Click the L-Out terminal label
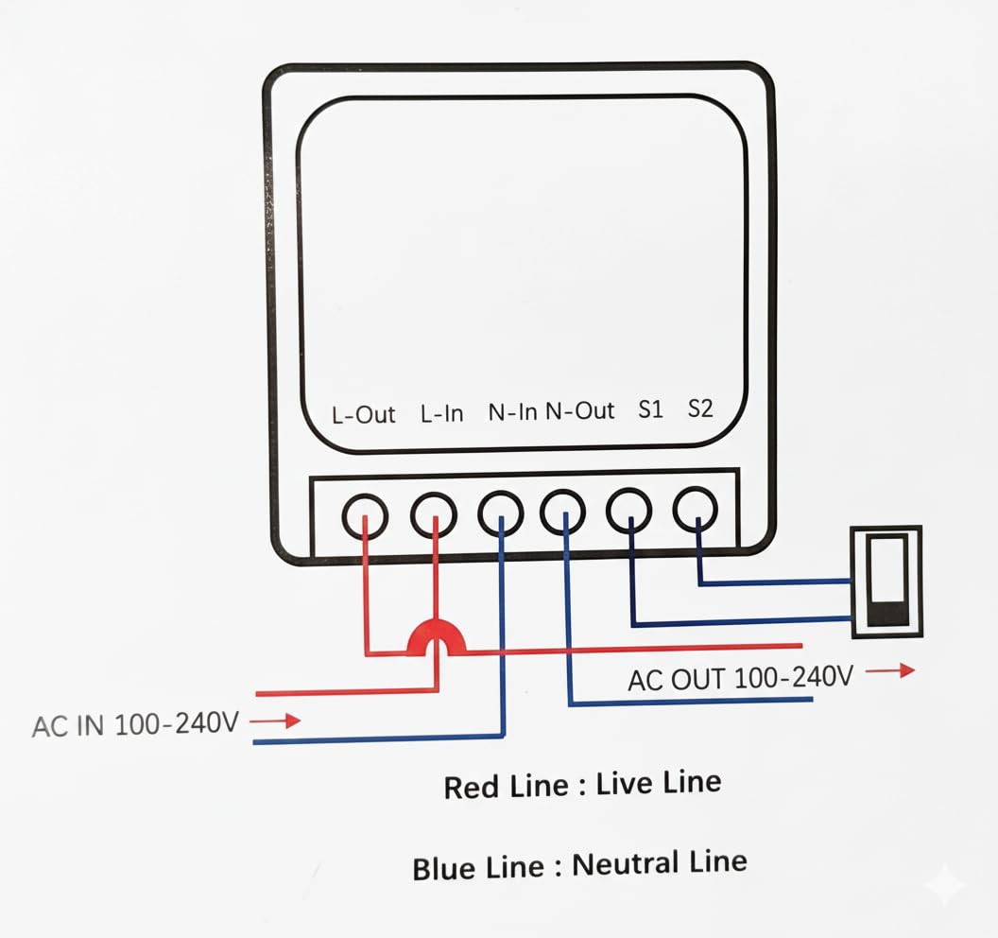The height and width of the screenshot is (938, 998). [363, 414]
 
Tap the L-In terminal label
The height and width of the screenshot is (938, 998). [441, 413]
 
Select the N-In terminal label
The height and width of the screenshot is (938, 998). [512, 412]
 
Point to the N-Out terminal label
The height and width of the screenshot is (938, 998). [580, 411]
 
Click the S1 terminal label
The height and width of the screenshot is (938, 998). [651, 409]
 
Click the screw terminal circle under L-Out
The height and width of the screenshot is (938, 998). [364, 517]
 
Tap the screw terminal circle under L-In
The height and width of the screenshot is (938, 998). [434, 516]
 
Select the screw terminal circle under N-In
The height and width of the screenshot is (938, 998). [501, 514]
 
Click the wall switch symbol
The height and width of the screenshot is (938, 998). [886, 581]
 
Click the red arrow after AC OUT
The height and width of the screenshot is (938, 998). [891, 670]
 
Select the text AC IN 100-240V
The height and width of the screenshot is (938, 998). [136, 725]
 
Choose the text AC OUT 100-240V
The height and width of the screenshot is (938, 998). [741, 677]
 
